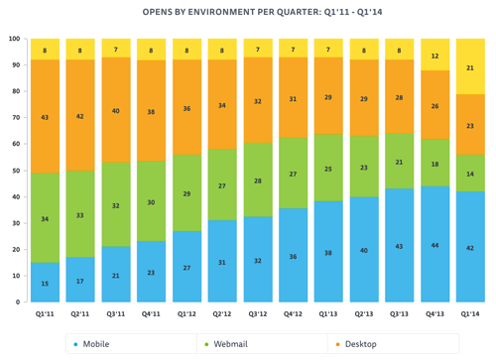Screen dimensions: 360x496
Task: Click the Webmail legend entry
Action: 230,344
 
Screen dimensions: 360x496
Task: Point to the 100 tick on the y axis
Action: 14,39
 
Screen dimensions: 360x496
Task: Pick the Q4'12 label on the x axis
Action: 293,314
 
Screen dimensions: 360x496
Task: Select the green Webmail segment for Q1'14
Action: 469,173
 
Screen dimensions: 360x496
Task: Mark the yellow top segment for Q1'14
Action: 469,66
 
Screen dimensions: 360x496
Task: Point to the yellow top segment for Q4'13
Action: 434,55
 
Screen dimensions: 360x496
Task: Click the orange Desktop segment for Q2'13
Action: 363,98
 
